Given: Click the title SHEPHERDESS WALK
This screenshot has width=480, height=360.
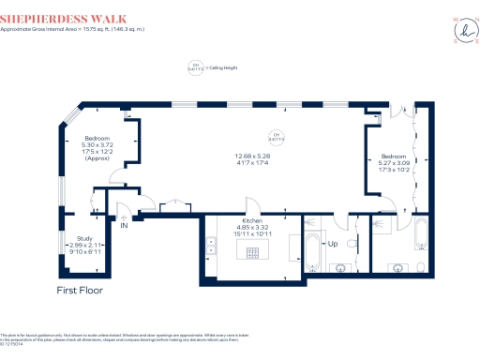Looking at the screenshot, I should (x=56, y=17).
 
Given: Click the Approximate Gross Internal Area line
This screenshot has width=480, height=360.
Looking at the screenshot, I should (x=74, y=29).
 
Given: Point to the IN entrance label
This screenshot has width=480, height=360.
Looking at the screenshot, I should (x=123, y=225).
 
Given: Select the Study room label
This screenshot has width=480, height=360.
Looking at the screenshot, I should (x=83, y=238).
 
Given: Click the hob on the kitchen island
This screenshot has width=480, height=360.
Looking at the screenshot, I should (x=252, y=251).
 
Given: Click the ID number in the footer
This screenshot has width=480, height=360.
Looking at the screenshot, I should (x=10, y=344).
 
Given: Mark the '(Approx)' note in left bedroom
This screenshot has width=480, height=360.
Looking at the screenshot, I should (x=97, y=158).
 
